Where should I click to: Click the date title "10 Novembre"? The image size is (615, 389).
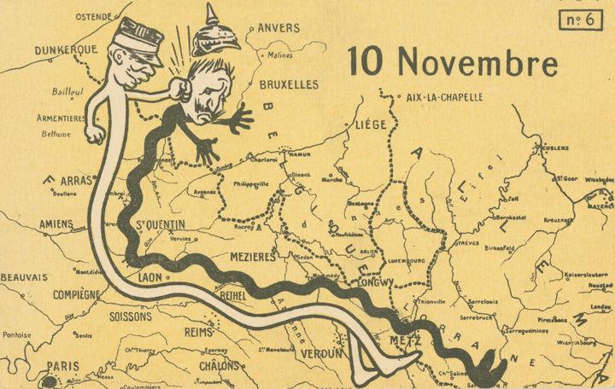point(453,61)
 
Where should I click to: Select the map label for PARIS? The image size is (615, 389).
point(62,366)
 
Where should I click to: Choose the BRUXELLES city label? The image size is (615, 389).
point(287,84)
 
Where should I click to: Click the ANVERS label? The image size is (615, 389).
point(278,27)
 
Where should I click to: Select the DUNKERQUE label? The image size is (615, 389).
point(65,50)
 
